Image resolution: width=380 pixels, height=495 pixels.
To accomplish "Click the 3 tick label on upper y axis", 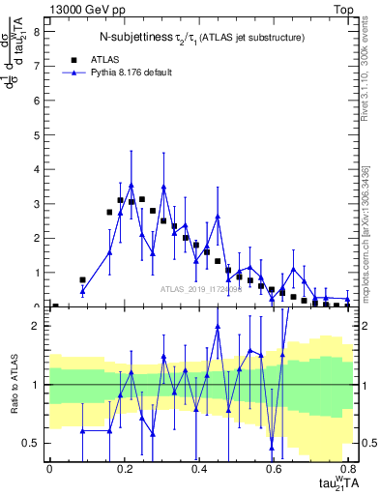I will click(x=36, y=204).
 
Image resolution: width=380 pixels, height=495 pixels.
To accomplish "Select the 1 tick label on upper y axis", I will click(x=36, y=273).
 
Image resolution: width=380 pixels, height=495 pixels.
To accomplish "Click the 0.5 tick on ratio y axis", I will click(x=31, y=443).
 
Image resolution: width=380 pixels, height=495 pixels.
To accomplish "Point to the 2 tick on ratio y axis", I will click(x=36, y=326).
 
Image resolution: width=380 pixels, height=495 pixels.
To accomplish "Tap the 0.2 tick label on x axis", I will click(x=124, y=468).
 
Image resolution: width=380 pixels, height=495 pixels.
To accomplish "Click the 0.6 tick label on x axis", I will click(x=275, y=468).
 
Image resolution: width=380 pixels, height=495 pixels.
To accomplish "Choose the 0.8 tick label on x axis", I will click(x=349, y=468).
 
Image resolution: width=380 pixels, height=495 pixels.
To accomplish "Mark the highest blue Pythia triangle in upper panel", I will click(x=132, y=185).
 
